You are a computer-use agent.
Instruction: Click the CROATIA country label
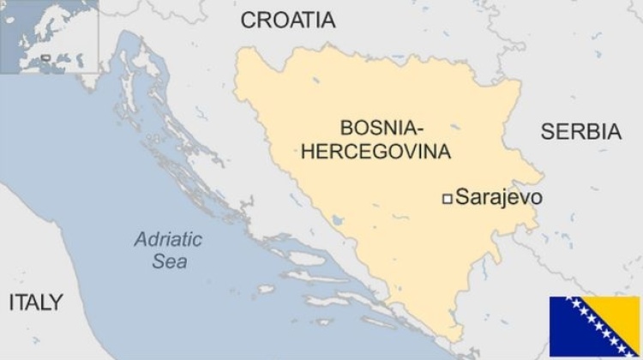click(x=288, y=20)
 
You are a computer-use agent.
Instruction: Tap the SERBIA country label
click(x=580, y=131)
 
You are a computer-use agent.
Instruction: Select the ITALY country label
click(x=35, y=302)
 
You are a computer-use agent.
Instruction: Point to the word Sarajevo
click(x=499, y=197)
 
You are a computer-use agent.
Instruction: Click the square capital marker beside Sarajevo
click(x=447, y=199)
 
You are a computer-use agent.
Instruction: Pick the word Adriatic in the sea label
click(x=167, y=239)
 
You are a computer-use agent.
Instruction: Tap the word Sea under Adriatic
click(x=169, y=261)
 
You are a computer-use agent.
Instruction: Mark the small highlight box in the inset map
click(x=46, y=60)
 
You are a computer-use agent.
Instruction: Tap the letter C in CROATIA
click(x=249, y=20)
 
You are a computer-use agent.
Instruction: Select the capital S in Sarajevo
click(x=462, y=197)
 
